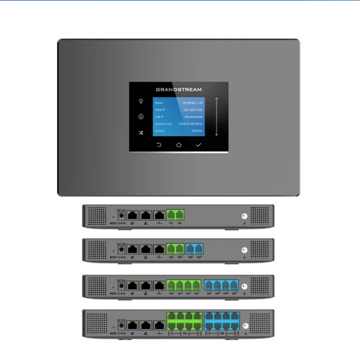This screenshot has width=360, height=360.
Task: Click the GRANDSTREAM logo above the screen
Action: (x=179, y=89)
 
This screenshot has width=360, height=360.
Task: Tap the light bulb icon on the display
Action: (x=141, y=101)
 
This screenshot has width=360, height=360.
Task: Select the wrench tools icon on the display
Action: (x=141, y=132)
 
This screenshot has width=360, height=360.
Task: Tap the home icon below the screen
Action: (x=179, y=144)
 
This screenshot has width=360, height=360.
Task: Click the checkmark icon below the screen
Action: (x=198, y=144)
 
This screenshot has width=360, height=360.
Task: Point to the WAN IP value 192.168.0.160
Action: (x=193, y=109)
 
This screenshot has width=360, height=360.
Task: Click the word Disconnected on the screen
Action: (x=193, y=117)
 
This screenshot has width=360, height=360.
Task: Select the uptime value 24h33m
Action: (x=197, y=131)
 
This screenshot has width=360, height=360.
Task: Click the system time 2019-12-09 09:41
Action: (x=191, y=124)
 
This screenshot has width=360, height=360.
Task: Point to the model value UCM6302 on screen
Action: (x=192, y=103)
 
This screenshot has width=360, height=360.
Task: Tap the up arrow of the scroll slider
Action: (x=216, y=99)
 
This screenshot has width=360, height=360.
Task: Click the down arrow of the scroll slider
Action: (x=216, y=134)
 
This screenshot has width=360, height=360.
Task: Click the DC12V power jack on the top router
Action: (x=121, y=216)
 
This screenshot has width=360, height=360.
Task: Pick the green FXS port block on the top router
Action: (x=175, y=216)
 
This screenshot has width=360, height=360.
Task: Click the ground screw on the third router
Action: (x=244, y=286)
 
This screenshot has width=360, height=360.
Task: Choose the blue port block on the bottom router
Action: (x=221, y=321)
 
